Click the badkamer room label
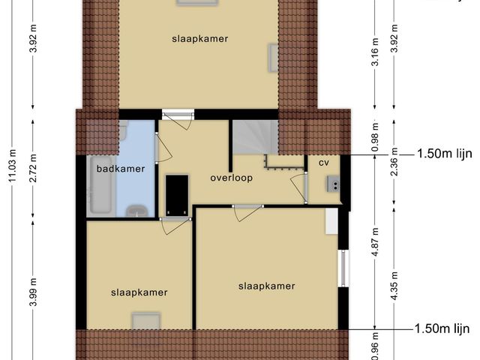coord(121,169)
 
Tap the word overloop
coord(232,178)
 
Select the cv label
coord(324,163)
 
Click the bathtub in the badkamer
coord(99,184)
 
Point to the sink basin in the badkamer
coord(137,211)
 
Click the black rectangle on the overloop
coord(177,195)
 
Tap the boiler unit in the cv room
coord(333,184)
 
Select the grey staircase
coord(255,137)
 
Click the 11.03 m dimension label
coord(13,166)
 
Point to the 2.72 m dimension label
coord(33,168)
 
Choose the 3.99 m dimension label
coord(33,292)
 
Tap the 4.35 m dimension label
coord(394,286)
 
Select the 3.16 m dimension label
coord(376,52)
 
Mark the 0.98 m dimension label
coord(376,136)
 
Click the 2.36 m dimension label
coord(394,162)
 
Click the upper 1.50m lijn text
coord(445,154)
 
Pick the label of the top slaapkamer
coord(200,39)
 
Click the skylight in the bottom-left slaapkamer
coord(146,321)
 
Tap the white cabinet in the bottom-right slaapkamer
coord(331,221)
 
